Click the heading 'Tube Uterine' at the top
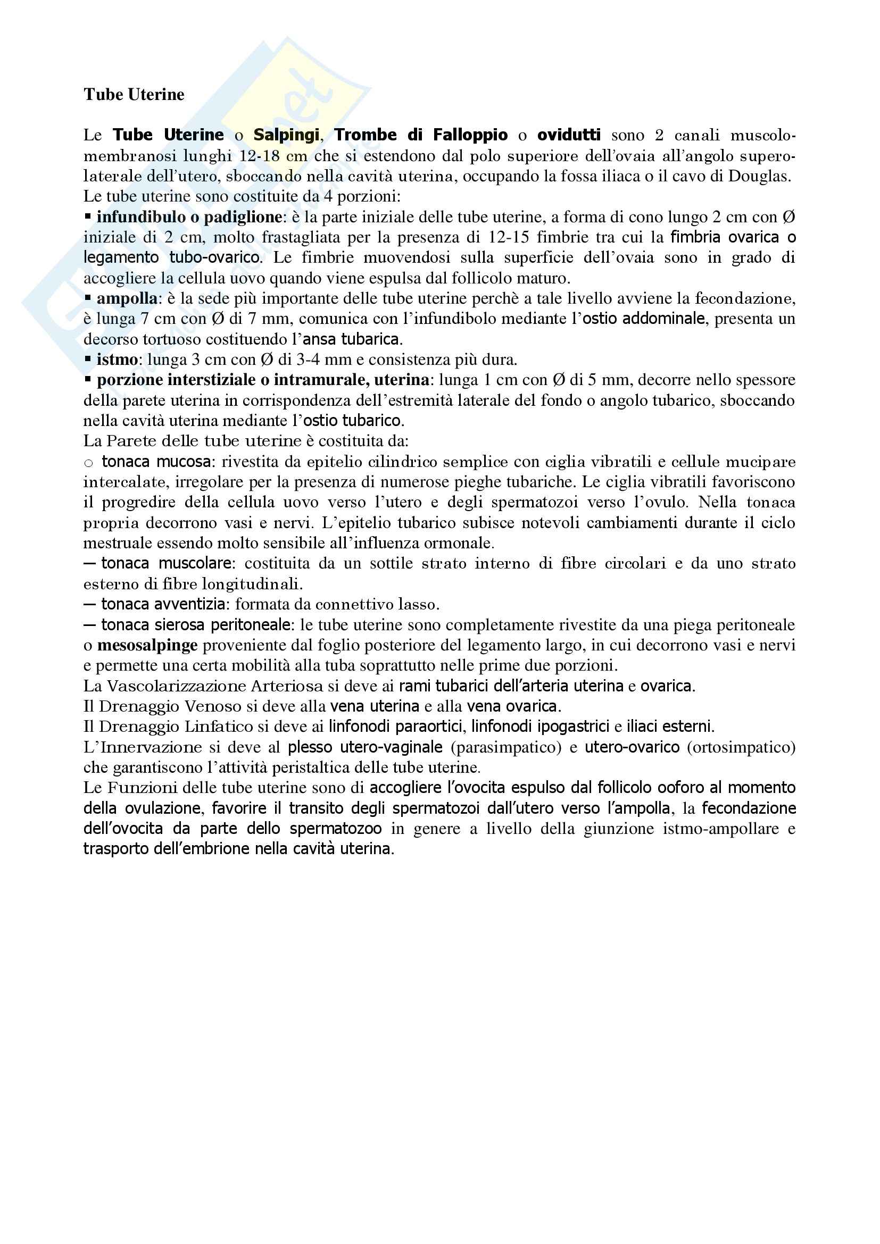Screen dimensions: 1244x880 pos(134,95)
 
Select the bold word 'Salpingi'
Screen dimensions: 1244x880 pos(286,135)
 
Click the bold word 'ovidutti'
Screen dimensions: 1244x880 pos(568,135)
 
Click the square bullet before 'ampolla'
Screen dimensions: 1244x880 pos(88,298)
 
